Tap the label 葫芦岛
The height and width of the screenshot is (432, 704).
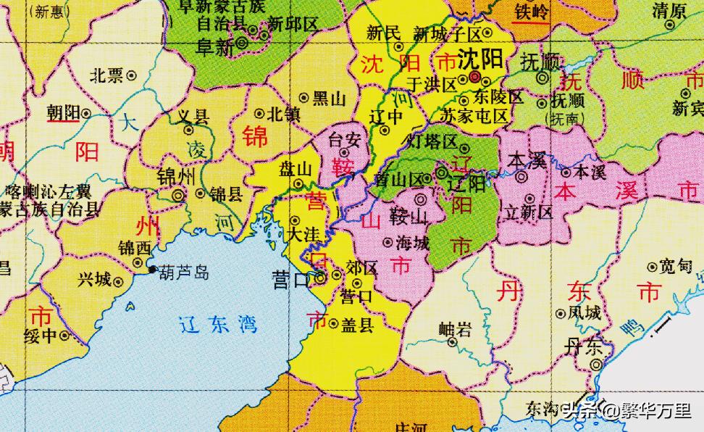coord(184,273)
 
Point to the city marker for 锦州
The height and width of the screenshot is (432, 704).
coord(178,194)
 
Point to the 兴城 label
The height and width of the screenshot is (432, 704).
coord(95,279)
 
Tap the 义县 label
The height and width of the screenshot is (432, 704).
coord(193,116)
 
